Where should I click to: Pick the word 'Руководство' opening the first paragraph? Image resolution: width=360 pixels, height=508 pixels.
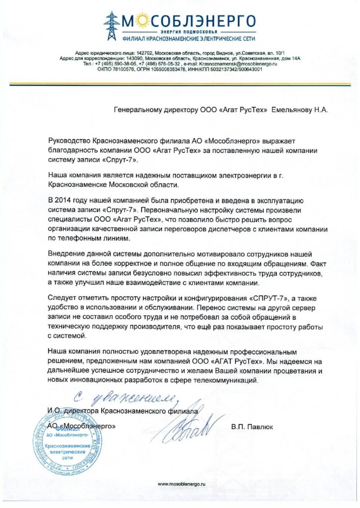click(x=71, y=142)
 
